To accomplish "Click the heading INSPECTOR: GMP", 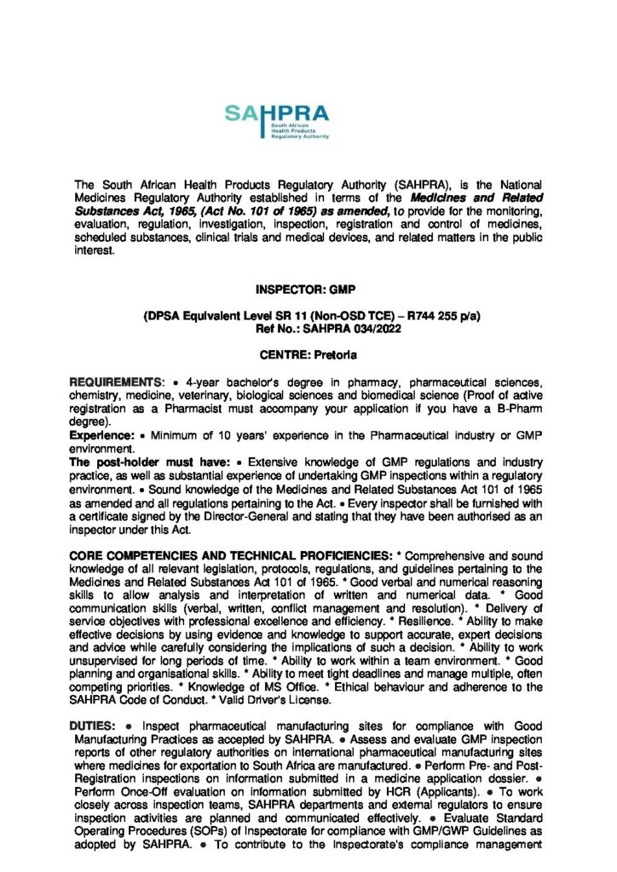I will click(x=308, y=290).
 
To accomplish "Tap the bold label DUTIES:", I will click(x=92, y=725).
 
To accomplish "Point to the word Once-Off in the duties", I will click(x=125, y=780).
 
